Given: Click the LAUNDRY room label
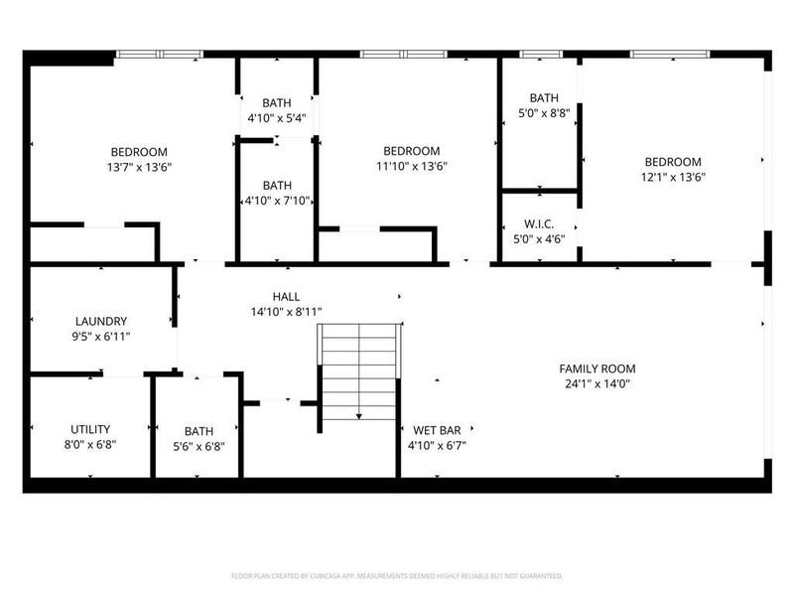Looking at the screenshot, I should (x=100, y=321).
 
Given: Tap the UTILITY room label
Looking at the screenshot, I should (x=90, y=429).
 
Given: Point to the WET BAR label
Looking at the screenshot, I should (x=437, y=430).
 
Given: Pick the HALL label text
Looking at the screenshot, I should (x=286, y=296).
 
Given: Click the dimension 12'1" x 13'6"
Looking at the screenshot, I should (x=673, y=177).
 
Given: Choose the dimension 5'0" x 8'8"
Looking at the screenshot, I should (x=543, y=113).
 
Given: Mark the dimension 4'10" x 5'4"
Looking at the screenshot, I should (x=277, y=118).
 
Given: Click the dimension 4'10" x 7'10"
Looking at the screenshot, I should (x=278, y=201).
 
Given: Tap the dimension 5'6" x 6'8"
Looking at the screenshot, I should (x=198, y=446).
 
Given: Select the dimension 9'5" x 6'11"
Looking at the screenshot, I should (x=100, y=336).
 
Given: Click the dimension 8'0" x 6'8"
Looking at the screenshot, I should (x=90, y=444).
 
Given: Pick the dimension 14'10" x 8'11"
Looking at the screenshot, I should (x=286, y=311).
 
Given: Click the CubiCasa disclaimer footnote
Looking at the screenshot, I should (x=397, y=576).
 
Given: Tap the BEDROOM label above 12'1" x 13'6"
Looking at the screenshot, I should (x=673, y=162).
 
